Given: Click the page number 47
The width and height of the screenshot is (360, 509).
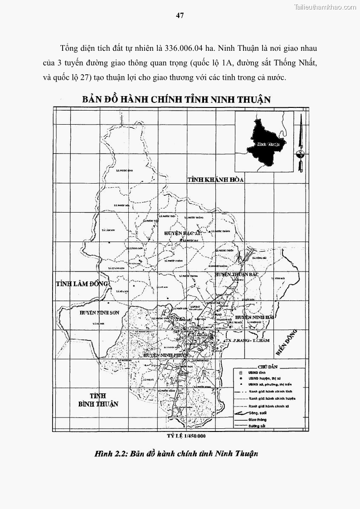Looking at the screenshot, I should tap(180, 15).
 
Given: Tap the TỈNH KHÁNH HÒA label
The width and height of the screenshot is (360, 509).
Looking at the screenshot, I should tap(215, 179).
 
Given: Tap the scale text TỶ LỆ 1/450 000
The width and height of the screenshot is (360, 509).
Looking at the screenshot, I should tap(187, 436).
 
